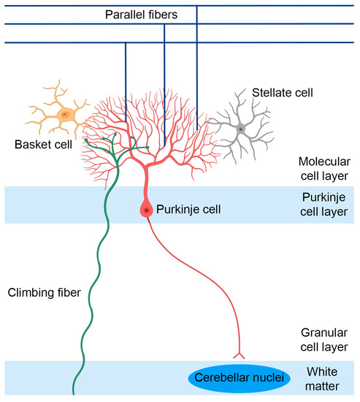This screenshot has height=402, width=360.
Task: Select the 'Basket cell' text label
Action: [43, 144]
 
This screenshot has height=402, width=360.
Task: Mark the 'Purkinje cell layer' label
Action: [326, 204]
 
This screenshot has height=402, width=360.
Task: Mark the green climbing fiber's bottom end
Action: [75, 395]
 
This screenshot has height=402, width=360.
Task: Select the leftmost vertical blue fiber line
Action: [126, 80]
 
